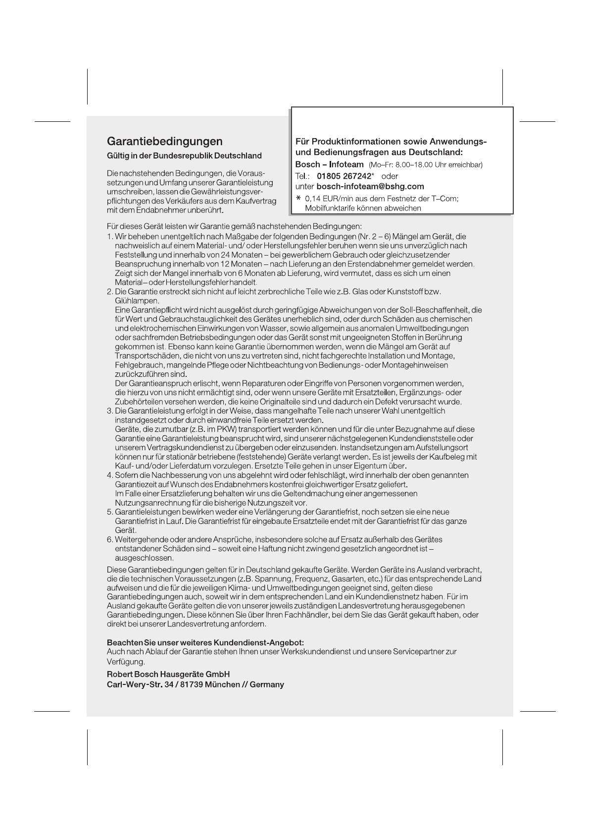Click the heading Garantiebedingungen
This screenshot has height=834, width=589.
coord(165,142)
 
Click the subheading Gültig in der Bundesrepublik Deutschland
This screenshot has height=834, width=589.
coord(184,156)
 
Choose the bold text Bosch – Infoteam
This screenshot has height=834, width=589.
coord(329,164)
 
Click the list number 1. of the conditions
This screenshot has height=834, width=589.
coord(110,237)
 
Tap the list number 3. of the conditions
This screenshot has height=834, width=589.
coord(110,411)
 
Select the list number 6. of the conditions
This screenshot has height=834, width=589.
coord(110,539)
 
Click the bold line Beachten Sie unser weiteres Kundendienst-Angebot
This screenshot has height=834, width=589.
coord(205,643)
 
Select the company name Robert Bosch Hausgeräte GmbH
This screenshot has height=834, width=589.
coord(168,675)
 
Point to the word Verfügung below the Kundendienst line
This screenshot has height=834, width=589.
coord(125,662)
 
